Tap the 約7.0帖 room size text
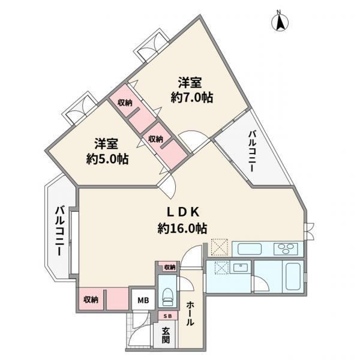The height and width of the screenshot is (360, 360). [192, 98]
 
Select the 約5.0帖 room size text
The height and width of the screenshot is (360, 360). [107, 158]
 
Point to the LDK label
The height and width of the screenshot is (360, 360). [182, 212]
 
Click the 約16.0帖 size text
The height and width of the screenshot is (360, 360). [182, 229]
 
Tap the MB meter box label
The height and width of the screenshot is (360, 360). [143, 300]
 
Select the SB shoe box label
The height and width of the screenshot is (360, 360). [167, 316]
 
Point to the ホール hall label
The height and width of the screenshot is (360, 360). [190, 314]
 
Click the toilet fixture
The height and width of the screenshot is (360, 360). [167, 296]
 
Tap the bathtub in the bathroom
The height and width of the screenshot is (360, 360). [293, 277]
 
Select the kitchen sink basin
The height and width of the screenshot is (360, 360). [250, 249]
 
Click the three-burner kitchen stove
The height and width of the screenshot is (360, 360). [286, 248]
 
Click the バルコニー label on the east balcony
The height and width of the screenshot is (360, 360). [252, 151]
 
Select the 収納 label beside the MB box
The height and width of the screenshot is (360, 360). [91, 299]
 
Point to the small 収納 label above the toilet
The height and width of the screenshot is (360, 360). [170, 267]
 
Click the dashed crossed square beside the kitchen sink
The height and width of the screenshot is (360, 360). [220, 247]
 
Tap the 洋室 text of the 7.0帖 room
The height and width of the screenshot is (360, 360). [190, 83]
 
